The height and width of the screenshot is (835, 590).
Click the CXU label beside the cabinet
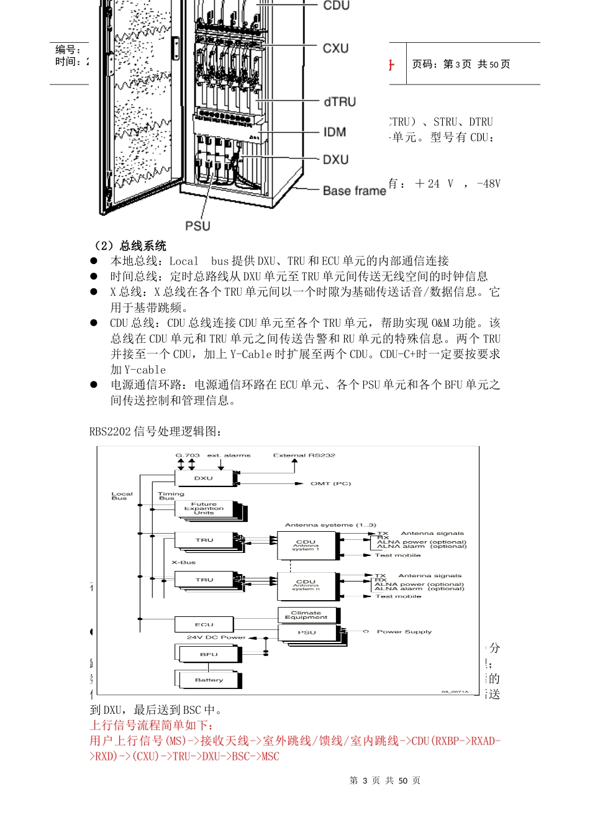tap(335, 48)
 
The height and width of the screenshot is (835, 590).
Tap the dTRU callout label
tap(340, 102)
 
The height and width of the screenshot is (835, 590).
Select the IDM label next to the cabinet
tap(334, 132)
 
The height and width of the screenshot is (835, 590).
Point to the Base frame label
tap(354, 191)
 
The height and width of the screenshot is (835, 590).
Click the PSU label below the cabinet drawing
tap(197, 226)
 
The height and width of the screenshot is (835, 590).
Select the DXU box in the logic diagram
tap(204, 478)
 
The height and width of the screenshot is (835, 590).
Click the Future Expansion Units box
tap(204, 509)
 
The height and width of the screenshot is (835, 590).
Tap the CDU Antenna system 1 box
tap(306, 545)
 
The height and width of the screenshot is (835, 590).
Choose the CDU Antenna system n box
tap(306, 585)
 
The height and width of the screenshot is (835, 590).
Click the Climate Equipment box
tap(306, 614)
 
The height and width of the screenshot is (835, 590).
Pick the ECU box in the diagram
tap(204, 624)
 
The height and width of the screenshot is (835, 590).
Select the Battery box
tap(209, 680)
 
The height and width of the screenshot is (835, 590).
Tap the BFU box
tap(209, 654)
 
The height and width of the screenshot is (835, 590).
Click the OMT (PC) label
tap(331, 483)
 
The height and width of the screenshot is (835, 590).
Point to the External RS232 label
tap(304, 455)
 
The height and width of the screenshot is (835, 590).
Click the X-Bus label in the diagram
tap(184, 562)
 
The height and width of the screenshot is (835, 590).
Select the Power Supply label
tap(404, 632)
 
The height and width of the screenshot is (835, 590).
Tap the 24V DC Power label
tap(216, 637)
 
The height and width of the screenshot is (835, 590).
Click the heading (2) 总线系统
tap(129, 245)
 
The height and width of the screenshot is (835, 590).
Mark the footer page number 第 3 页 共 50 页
tap(385, 780)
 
